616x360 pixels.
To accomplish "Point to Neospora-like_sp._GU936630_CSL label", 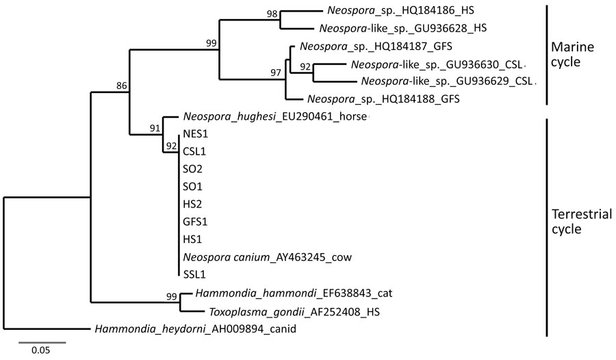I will (x=435, y=66).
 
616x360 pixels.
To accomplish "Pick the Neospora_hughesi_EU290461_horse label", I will (x=275, y=118).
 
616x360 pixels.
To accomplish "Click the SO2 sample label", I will (x=192, y=169).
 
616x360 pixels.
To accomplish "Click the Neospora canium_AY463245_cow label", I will (x=267, y=257).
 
